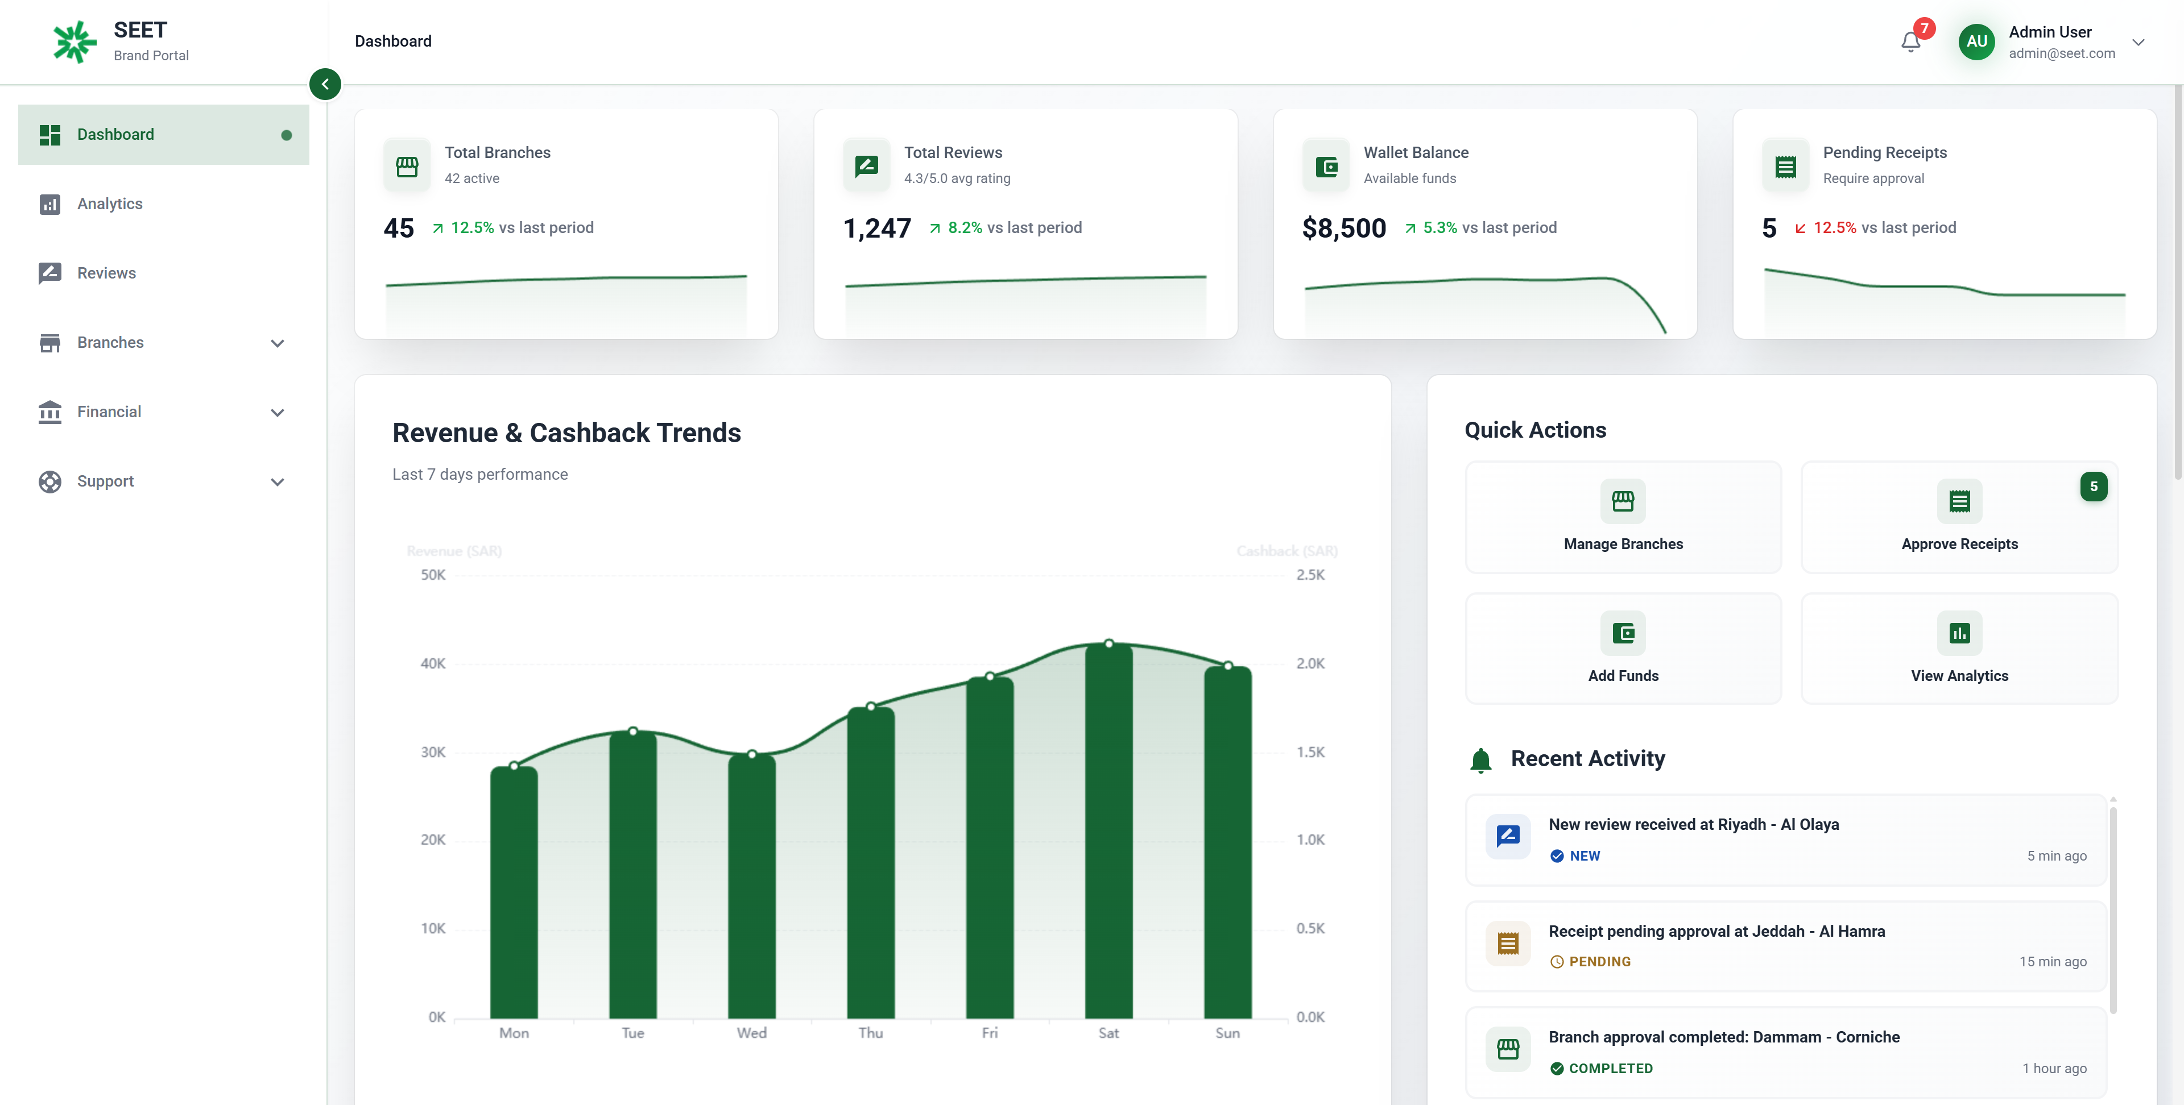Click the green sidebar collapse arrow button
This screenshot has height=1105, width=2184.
coord(325,84)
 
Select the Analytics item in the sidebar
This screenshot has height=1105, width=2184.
coord(109,203)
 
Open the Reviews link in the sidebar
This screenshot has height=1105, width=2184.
coord(106,273)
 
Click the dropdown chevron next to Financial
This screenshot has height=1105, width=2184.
coord(277,413)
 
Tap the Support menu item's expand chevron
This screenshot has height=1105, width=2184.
coord(277,482)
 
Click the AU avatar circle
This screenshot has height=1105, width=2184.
coord(1976,41)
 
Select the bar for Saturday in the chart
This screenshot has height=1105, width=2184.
coord(1108,830)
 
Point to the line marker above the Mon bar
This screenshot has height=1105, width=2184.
coord(514,766)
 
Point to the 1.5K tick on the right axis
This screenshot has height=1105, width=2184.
coord(1310,751)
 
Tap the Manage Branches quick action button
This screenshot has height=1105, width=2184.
coord(1622,517)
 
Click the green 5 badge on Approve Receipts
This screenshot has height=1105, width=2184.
coord(2093,487)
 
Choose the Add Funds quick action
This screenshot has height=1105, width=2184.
coord(1622,648)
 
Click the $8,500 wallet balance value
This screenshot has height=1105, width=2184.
coord(1344,228)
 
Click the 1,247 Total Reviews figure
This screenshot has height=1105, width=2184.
coord(876,228)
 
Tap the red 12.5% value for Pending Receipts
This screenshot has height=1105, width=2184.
coord(1834,228)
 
